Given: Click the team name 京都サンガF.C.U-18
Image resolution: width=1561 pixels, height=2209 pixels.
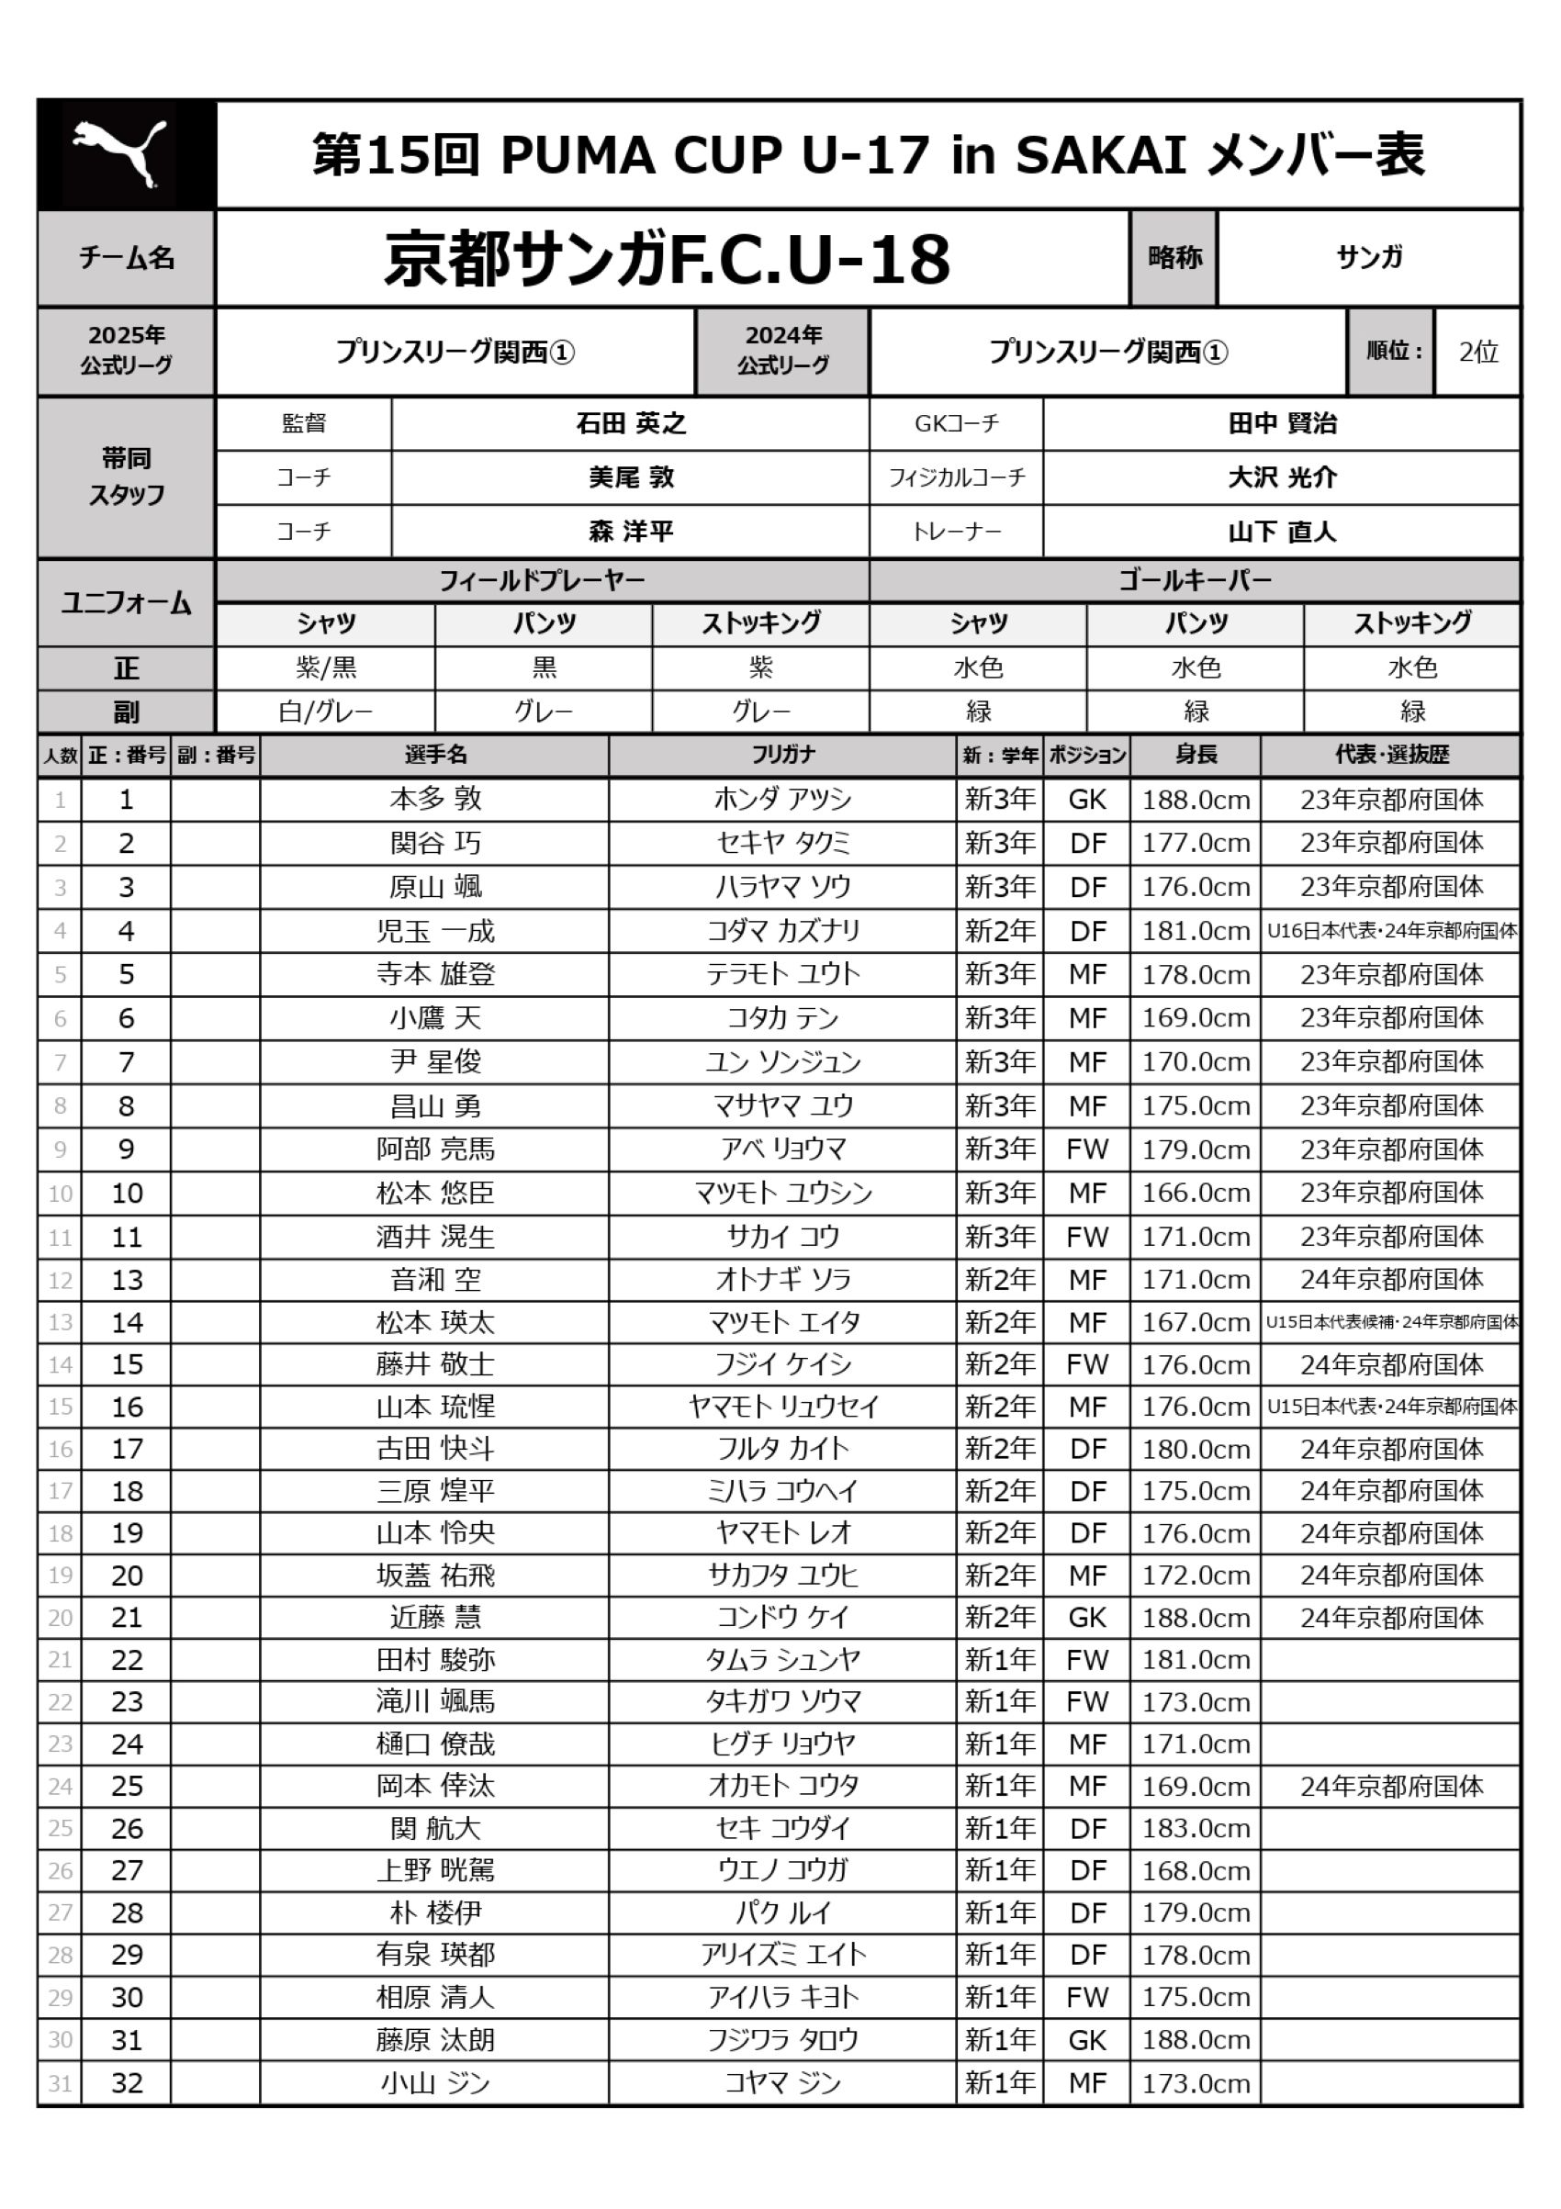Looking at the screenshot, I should coord(667,259).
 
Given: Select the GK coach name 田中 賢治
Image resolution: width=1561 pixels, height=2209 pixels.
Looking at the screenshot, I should coord(1282,423).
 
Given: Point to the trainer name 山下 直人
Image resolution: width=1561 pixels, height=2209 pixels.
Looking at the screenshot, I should coord(1282,531).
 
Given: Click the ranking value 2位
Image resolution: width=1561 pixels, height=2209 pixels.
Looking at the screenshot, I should coord(1477,353).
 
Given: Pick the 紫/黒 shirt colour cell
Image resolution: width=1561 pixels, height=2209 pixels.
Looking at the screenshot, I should coord(325,667).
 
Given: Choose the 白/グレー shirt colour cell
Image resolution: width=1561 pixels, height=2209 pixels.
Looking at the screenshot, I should coord(325,712).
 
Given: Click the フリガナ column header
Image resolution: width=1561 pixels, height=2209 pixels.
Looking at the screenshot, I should coord(782,756).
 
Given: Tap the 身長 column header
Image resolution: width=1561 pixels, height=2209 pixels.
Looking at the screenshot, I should coord(1196,756).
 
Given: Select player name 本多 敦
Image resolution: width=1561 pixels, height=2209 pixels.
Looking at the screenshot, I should coord(435,799).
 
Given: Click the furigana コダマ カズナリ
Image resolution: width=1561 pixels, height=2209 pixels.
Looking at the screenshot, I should coord(782,931).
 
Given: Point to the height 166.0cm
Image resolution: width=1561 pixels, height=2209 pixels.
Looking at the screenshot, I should coord(1196,1193).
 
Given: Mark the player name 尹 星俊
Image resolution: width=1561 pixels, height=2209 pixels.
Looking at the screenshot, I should coord(435,1062).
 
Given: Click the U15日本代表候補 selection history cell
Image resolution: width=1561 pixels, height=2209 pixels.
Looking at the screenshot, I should coord(1392,1322).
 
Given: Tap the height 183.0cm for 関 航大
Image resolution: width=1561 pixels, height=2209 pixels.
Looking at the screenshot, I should coord(1196,1828).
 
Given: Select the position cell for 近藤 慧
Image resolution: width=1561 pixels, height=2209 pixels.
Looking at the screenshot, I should coord(1086,1618).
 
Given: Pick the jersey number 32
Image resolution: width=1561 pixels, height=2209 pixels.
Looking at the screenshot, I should coord(126,2083).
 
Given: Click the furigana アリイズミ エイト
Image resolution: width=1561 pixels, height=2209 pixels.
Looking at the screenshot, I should coord(782,1954).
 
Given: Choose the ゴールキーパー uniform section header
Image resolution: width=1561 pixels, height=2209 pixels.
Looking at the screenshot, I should coord(1195,580).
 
